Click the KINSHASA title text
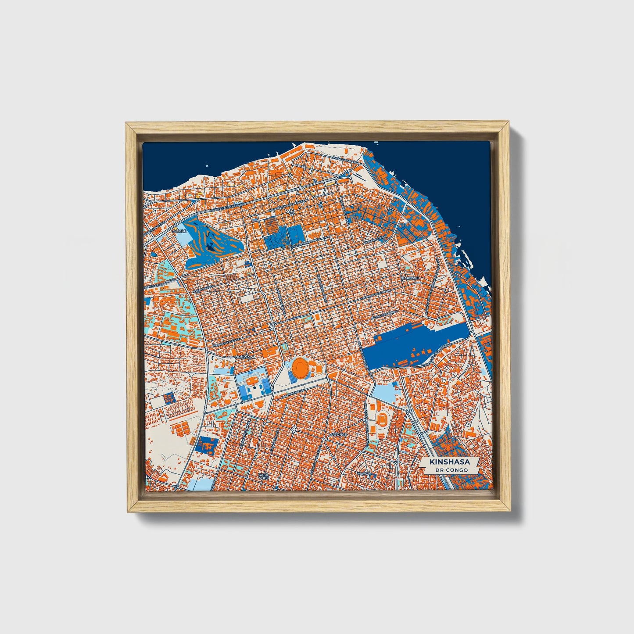click(x=450, y=462)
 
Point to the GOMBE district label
click(x=179, y=231)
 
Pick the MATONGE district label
click(x=338, y=434)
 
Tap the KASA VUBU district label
click(x=263, y=476)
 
